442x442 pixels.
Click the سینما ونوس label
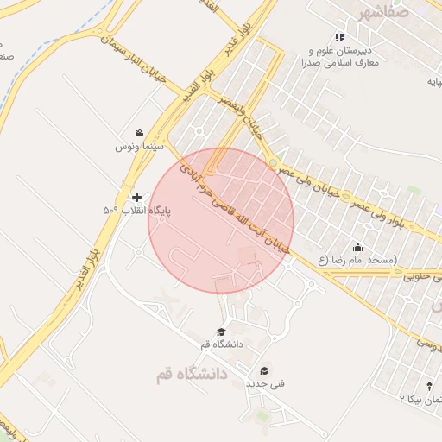(135, 148)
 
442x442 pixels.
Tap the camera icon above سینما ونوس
(138, 133)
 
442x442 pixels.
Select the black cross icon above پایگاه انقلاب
(137, 197)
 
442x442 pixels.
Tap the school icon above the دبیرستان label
(339, 37)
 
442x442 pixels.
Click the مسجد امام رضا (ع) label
(357, 259)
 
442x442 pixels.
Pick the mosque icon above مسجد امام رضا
(357, 246)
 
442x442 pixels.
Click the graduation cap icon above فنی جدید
(264, 370)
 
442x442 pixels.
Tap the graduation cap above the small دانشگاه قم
(222, 331)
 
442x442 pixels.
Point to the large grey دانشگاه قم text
(191, 375)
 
